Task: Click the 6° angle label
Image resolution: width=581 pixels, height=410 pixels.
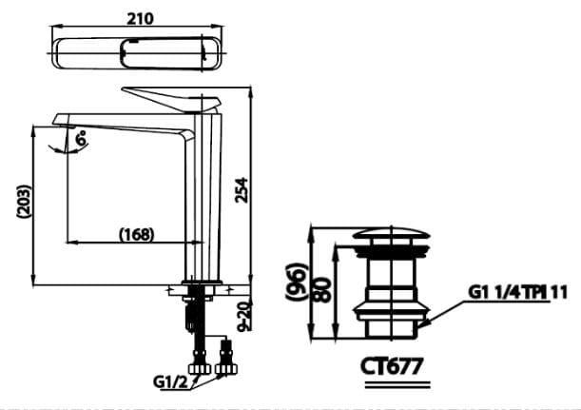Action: [x=82, y=138]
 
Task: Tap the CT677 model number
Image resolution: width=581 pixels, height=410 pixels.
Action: [x=391, y=363]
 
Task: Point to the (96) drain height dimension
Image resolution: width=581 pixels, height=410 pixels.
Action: [x=299, y=283]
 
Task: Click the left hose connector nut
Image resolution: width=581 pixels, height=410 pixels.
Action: [x=200, y=366]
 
